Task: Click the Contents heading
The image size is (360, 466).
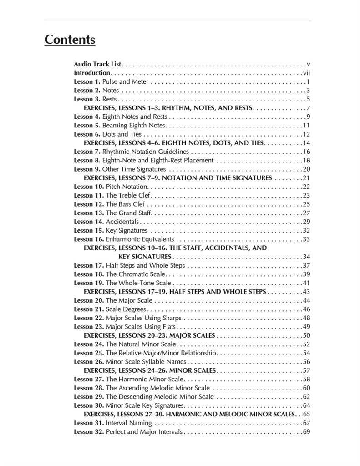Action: tap(70, 40)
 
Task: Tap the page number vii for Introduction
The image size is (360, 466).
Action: tap(307, 73)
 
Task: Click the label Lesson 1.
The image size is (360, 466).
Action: tap(87, 81)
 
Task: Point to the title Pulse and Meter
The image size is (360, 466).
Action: tap(125, 81)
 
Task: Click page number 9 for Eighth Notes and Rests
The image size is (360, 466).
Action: tap(308, 116)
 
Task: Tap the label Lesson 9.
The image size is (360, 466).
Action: tap(87, 169)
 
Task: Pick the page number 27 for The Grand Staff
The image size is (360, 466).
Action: tap(306, 213)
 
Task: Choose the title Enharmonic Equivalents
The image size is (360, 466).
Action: tap(140, 239)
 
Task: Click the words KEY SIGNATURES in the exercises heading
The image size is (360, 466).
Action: tap(145, 257)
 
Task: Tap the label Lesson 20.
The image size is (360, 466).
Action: tap(89, 300)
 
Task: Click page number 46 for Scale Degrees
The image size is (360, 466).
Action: tap(306, 309)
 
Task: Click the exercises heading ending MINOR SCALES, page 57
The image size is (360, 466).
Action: tap(150, 370)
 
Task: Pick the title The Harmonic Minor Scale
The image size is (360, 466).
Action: tap(145, 379)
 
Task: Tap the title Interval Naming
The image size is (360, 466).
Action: tap(129, 423)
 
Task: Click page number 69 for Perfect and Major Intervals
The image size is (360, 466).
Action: tap(306, 431)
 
